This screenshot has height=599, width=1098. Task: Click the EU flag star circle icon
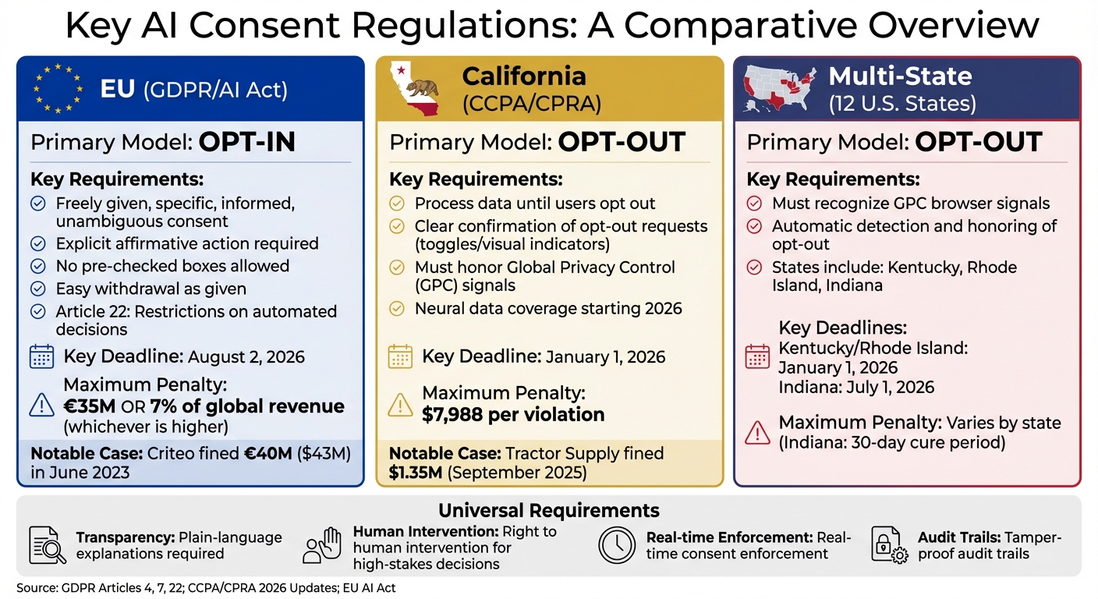[58, 89]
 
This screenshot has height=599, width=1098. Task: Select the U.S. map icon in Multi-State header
[781, 88]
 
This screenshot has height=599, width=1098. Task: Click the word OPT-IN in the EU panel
[247, 143]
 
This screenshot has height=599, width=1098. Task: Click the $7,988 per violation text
[513, 415]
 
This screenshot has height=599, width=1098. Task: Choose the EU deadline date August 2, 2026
[246, 357]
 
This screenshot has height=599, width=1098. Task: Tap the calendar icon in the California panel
[400, 357]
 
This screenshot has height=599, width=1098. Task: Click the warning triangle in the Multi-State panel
[757, 431]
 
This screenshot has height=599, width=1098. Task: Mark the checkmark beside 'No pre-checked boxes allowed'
[37, 266]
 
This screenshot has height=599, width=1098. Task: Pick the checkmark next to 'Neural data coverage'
[397, 309]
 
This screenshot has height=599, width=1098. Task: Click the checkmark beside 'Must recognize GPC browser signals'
[754, 204]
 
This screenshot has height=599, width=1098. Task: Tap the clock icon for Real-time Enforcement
[617, 545]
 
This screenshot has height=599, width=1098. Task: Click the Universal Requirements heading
[549, 511]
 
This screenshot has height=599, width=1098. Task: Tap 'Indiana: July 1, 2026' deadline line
[855, 387]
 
